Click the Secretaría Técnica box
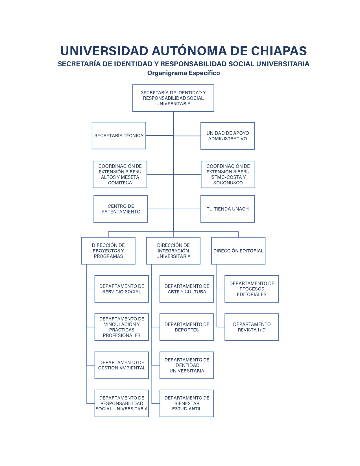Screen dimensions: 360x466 119,136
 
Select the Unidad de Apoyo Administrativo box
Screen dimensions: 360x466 228,136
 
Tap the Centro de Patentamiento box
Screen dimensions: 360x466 121,209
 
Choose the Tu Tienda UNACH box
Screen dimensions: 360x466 228,209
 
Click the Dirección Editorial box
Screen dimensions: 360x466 238,251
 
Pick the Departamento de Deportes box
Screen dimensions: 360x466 187,327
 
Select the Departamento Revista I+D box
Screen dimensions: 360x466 252,327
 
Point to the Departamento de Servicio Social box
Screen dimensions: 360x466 122,289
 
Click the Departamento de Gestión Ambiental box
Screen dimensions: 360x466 122,365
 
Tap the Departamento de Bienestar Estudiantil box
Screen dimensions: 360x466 187,403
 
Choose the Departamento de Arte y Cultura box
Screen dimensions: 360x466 187,289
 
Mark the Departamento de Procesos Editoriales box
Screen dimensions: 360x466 252,289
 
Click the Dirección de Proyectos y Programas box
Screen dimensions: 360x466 108,251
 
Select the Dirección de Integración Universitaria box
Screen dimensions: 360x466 173,251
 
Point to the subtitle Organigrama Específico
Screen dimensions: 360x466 184,73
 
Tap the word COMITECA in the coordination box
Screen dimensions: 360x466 120,183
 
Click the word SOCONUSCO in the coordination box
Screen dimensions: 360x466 228,183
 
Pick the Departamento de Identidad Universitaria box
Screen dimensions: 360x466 187,365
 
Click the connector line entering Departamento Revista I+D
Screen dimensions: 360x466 221,327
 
